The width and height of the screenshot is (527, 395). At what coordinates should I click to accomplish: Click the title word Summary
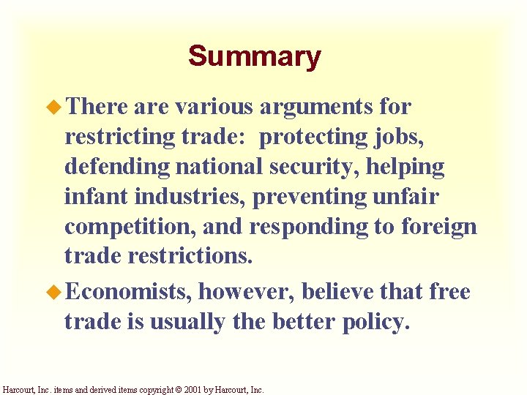coord(254,56)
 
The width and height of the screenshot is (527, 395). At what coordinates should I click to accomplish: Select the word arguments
coord(316,107)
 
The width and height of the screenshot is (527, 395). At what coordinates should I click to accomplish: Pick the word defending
coord(117,167)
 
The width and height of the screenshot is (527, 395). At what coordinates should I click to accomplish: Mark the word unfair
coord(416,196)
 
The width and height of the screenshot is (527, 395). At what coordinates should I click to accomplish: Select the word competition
coord(130,226)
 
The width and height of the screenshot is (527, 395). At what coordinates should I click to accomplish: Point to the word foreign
coord(439,226)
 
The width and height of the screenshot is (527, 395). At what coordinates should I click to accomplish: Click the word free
coord(449,292)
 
